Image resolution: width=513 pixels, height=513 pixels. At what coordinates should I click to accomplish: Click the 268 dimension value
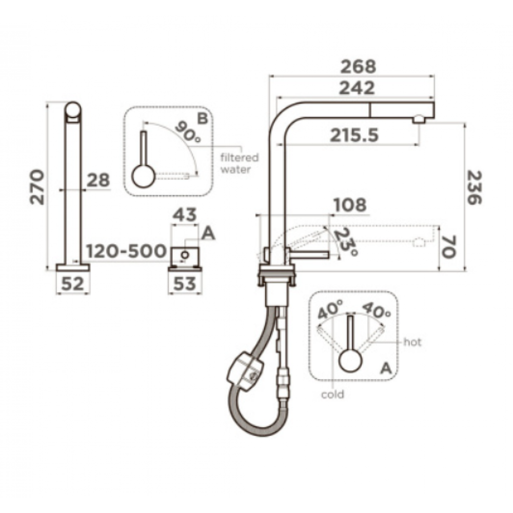[x=359, y=67]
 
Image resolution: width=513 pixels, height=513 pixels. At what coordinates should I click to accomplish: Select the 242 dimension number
[x=357, y=88]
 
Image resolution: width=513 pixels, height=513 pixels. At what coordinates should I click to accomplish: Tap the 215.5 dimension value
[x=354, y=135]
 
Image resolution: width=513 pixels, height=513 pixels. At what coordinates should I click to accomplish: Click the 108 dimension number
[x=350, y=205]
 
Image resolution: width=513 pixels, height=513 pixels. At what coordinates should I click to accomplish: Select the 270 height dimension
[x=37, y=187]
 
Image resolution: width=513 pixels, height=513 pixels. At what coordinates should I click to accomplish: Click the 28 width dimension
[x=98, y=180]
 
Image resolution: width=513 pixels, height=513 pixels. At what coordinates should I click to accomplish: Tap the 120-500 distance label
[x=127, y=251]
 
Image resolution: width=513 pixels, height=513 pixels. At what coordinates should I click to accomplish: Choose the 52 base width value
[x=73, y=284]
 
